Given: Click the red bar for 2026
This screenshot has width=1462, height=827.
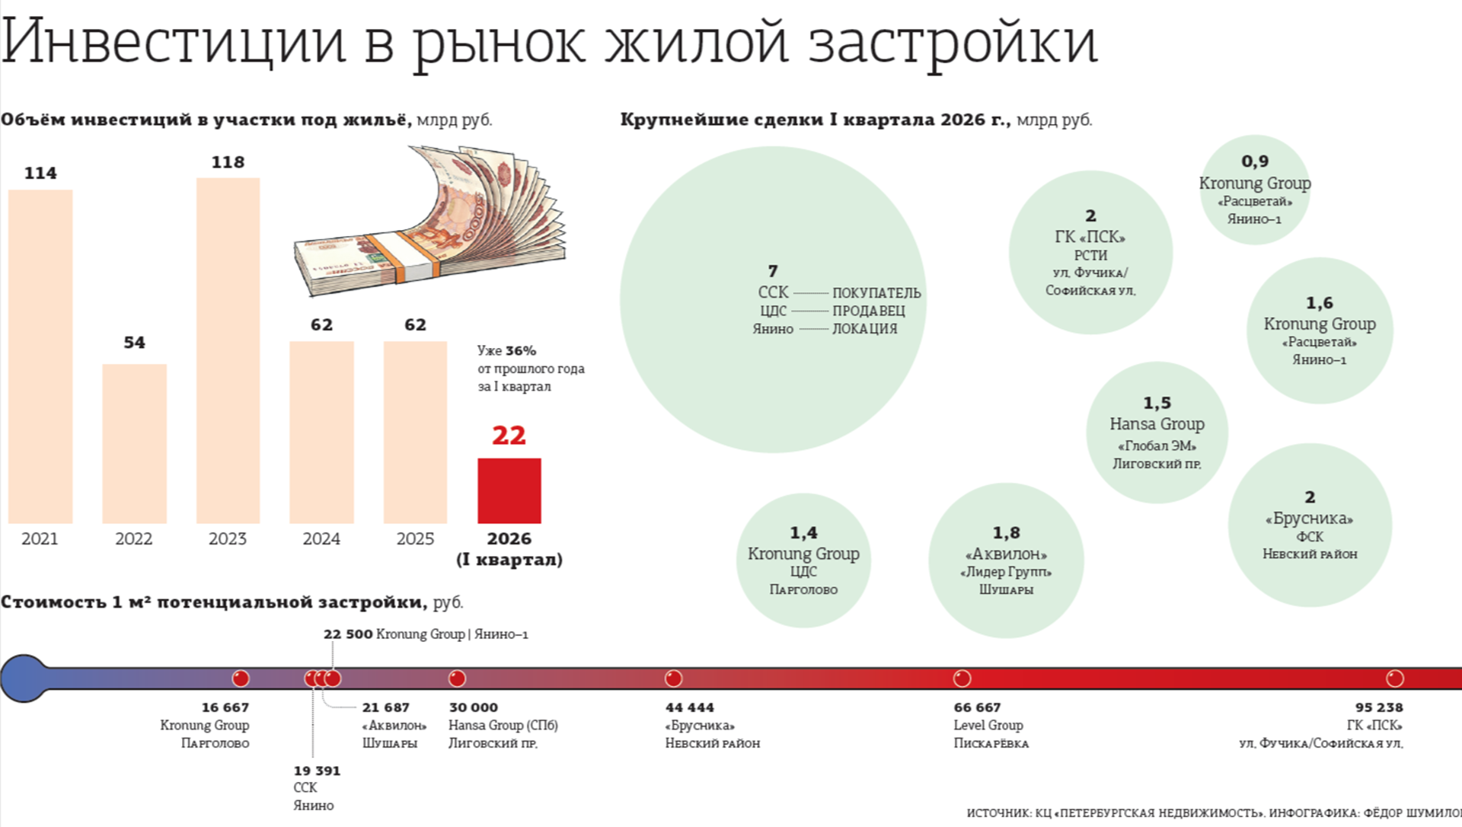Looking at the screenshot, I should click(x=509, y=490).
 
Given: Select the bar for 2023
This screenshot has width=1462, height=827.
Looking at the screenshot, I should click(x=228, y=350).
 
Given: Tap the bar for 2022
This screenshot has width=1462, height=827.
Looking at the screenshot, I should click(x=134, y=443).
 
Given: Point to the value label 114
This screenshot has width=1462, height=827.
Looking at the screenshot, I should click(x=40, y=173).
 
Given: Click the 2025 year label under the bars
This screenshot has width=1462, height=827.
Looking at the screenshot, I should click(x=415, y=539).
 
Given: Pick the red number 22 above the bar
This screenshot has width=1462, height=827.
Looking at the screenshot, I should click(x=509, y=436).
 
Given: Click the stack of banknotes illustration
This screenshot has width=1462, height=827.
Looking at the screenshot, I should click(x=431, y=221).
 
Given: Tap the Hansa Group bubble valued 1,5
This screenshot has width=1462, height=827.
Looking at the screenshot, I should click(x=1157, y=433).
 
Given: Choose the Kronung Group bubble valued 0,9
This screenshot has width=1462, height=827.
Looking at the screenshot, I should click(x=1255, y=190).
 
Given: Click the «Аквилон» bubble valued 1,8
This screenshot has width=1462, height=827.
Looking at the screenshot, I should click(x=1006, y=560).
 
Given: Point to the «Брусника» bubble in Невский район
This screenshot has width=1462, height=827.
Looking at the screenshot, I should click(x=1310, y=525).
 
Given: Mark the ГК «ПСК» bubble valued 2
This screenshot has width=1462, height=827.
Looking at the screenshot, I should click(x=1090, y=253).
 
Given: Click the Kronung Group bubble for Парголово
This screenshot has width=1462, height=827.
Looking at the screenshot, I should click(x=803, y=560).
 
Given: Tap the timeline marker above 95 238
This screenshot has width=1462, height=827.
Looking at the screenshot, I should click(x=1394, y=679).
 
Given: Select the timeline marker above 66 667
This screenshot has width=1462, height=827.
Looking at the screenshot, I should click(x=962, y=679).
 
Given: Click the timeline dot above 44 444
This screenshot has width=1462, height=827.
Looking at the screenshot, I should click(x=673, y=679).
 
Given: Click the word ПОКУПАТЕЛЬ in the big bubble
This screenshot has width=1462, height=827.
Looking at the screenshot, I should click(x=876, y=293).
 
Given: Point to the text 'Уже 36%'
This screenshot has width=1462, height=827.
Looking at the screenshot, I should click(x=507, y=351).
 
